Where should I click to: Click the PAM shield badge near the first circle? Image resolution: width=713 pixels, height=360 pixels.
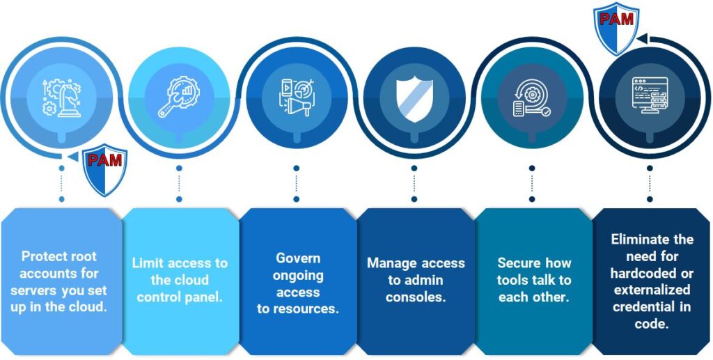pos(105,170)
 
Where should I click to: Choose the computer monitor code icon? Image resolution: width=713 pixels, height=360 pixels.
pos(649,97)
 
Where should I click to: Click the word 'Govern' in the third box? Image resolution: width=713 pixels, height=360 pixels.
pos(298,258)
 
